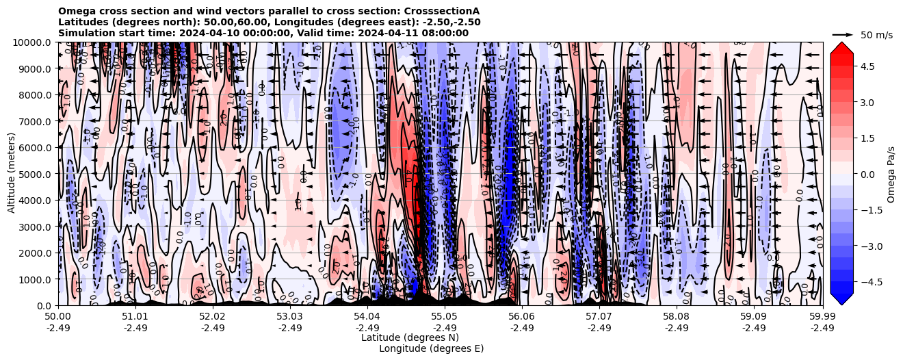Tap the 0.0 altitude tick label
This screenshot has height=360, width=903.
(x=45, y=305)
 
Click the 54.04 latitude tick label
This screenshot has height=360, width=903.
(x=367, y=318)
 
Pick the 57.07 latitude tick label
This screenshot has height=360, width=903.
(x=599, y=318)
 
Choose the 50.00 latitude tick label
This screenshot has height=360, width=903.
(x=58, y=318)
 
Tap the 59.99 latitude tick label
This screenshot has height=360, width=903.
(x=822, y=318)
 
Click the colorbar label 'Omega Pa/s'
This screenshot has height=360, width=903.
(x=891, y=174)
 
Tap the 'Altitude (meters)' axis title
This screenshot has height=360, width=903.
(x=12, y=174)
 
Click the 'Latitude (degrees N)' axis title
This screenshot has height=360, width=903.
(x=410, y=337)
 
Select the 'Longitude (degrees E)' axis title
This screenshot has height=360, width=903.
(x=431, y=348)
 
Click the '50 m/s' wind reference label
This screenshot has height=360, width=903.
(x=876, y=35)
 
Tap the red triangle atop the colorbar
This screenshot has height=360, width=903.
(x=841, y=47)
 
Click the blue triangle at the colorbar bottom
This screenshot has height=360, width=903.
(x=841, y=299)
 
